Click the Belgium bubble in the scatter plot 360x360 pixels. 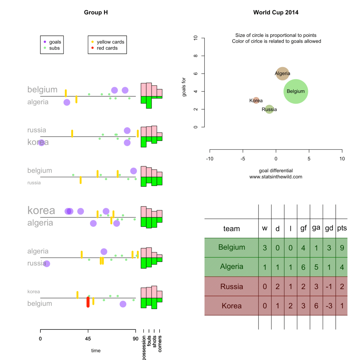[296, 91]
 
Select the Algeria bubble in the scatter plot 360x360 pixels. [282, 73]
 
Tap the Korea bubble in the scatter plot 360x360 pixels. [256, 100]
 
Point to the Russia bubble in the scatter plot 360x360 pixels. [269, 109]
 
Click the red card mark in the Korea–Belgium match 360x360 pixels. [88, 302]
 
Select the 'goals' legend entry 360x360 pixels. [52, 42]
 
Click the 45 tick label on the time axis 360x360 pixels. [88, 339]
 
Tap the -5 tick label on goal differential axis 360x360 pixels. [243, 159]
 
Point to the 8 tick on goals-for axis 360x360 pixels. [195, 56]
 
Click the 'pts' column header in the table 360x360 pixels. [342, 228]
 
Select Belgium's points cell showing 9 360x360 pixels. [342, 248]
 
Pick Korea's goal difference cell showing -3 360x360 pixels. [329, 306]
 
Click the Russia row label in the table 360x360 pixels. [232, 287]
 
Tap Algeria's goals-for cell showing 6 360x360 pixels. [303, 267]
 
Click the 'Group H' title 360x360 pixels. [96, 12]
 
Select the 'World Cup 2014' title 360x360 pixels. [276, 12]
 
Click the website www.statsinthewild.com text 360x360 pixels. [276, 177]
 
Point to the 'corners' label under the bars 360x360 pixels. [160, 344]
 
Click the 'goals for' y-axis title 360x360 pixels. [184, 87]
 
